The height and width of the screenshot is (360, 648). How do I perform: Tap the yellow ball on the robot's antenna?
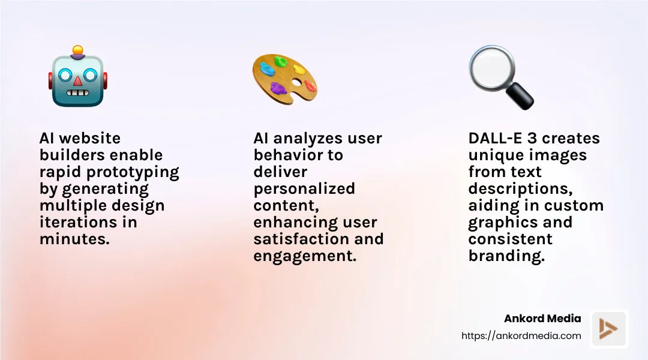click(77, 50)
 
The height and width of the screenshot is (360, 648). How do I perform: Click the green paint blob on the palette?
click(280, 61)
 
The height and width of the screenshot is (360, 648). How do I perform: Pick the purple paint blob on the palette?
click(278, 88)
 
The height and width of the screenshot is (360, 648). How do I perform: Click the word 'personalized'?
click(304, 189)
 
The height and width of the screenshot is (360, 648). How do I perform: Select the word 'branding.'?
click(506, 256)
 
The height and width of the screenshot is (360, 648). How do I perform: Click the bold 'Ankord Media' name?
click(543, 319)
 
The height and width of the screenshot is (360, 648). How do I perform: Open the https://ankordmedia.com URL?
click(521, 336)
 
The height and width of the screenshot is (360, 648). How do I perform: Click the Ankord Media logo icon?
click(609, 329)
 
